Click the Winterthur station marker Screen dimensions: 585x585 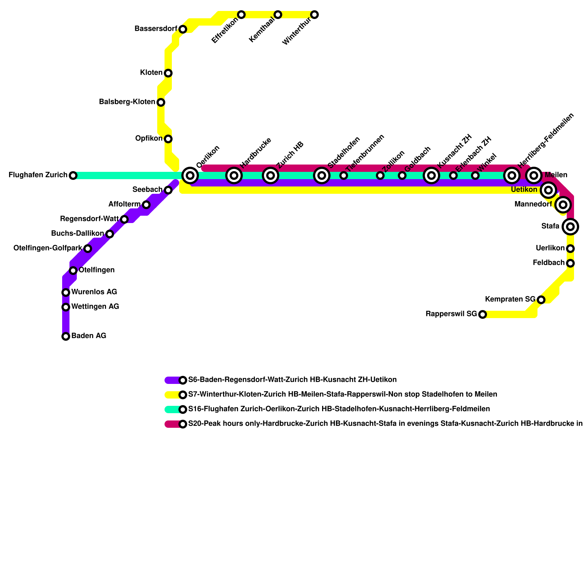(314, 15)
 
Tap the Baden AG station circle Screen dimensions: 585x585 (66, 336)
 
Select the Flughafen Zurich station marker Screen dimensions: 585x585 (73, 175)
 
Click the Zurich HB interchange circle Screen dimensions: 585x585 (271, 175)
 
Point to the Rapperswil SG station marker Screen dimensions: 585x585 (483, 314)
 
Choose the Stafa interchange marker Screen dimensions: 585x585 (570, 227)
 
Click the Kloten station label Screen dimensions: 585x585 (151, 73)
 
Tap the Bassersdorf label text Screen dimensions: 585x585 (156, 29)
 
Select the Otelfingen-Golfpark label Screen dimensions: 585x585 (48, 248)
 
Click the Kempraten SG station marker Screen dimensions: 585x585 (541, 300)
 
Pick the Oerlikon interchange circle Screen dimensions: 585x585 (190, 175)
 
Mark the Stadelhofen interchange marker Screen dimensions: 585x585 (322, 175)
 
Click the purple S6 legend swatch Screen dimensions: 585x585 (173, 380)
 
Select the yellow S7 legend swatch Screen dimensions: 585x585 (173, 395)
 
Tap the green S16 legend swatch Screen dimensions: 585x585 (173, 409)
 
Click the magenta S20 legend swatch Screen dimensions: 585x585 (173, 424)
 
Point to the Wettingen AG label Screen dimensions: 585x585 (95, 306)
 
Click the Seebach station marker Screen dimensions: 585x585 (168, 190)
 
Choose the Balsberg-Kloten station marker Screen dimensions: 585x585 (161, 102)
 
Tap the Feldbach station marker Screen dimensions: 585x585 (570, 263)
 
